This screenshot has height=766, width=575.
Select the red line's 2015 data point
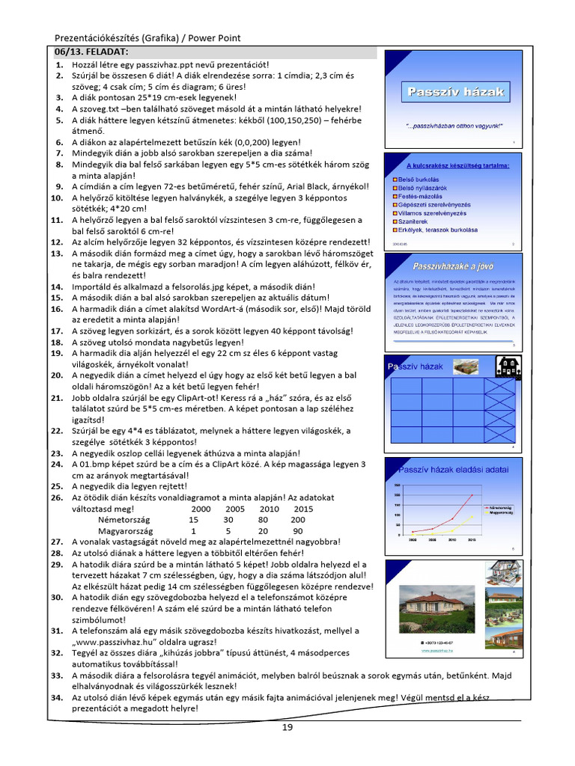tap(472, 495)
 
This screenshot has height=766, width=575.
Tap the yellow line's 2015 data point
tap(472, 517)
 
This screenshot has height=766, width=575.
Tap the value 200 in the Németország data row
tap(298, 520)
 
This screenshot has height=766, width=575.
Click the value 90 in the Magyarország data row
tap(298, 531)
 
